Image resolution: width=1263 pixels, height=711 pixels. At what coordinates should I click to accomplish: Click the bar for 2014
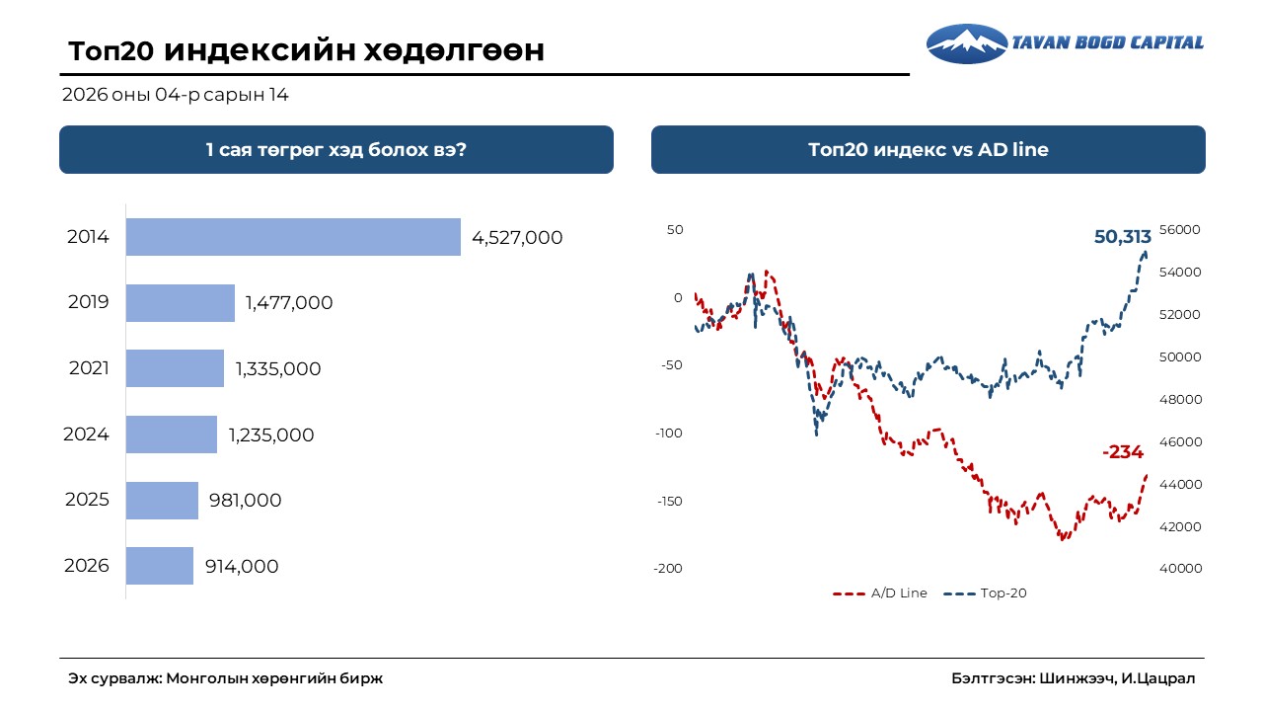click(293, 237)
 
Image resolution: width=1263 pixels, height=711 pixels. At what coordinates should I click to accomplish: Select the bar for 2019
click(181, 303)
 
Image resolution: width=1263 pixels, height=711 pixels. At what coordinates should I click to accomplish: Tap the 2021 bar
click(175, 368)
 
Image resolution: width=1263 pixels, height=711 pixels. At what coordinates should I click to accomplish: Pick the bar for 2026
click(160, 566)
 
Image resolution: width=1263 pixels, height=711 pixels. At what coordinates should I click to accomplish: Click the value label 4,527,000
click(517, 238)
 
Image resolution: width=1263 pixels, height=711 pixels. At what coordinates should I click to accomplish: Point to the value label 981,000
click(245, 501)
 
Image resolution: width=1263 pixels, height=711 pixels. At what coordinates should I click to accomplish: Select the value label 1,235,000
click(271, 435)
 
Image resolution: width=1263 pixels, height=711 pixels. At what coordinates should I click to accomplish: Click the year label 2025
click(87, 501)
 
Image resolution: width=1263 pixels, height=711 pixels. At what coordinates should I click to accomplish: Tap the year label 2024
click(86, 434)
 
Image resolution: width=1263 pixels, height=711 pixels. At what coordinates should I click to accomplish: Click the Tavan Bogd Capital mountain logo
click(966, 43)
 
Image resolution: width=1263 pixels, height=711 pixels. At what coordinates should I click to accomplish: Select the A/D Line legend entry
click(880, 593)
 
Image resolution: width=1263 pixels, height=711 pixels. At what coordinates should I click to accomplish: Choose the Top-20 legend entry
click(987, 593)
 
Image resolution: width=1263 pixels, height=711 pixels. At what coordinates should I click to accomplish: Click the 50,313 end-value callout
click(1122, 237)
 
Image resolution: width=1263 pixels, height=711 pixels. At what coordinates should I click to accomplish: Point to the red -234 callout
click(1122, 452)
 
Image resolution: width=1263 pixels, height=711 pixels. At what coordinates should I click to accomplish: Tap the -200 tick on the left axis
click(667, 569)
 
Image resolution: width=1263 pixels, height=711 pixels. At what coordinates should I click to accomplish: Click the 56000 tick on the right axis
click(1180, 230)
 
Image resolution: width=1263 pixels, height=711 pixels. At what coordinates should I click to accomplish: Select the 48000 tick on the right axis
click(1180, 400)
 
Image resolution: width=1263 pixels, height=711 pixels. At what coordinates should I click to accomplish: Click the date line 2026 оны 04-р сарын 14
click(175, 96)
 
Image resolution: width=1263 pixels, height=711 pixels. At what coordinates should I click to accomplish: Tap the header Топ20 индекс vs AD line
click(928, 150)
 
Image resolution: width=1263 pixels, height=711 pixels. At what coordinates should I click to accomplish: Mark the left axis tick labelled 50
click(674, 230)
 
